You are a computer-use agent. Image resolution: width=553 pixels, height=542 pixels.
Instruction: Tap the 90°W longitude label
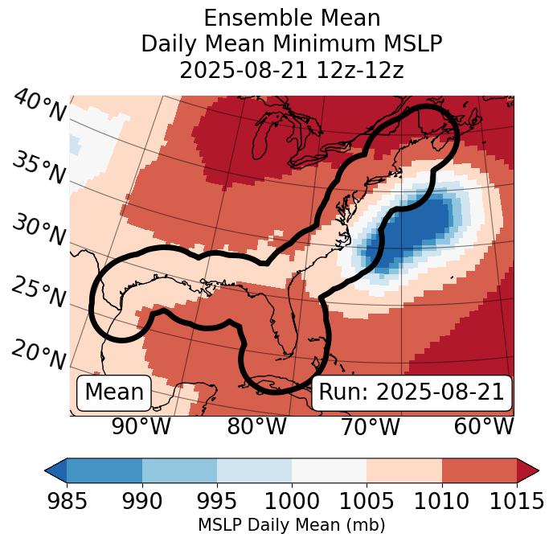[x=141, y=426]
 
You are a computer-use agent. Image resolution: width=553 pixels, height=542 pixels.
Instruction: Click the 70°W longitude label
[x=370, y=426]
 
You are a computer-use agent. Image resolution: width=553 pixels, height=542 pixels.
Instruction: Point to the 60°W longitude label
[x=484, y=426]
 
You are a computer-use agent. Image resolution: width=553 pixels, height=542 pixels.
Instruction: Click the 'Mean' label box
[x=114, y=392]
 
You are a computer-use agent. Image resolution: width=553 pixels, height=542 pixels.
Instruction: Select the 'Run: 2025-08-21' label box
[x=412, y=392]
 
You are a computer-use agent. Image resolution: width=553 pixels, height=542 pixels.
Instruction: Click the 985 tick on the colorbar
[x=67, y=501]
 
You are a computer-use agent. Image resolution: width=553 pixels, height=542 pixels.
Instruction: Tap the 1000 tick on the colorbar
[x=292, y=501]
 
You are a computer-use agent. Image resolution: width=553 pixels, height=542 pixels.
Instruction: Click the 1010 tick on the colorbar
[x=441, y=501]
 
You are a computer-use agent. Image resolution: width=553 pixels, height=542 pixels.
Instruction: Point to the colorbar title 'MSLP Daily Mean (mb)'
[x=291, y=525]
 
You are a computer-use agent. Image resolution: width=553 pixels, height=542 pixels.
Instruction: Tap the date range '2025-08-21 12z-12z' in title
[x=291, y=70]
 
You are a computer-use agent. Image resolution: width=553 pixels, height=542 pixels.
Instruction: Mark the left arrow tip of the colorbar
[x=47, y=470]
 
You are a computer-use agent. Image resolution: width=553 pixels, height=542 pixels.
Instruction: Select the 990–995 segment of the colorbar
[x=179, y=470]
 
